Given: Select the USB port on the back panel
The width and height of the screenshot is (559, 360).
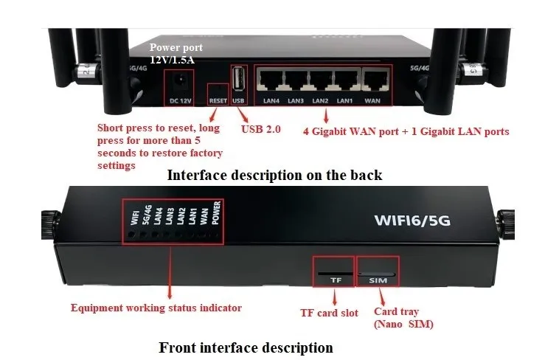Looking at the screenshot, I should pos(237,79).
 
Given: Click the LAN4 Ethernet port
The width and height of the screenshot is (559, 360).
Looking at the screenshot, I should pos(271,79).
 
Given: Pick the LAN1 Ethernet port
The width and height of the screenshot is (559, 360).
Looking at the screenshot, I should pos(344,79).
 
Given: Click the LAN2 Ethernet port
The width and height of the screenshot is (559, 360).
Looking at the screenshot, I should pos(320,79).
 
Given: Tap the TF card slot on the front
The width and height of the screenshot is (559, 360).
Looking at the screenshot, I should pos(335,273).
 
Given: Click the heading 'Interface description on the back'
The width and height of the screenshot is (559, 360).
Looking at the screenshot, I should pos(274,175).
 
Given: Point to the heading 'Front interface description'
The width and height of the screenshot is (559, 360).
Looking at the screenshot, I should pos(246,347).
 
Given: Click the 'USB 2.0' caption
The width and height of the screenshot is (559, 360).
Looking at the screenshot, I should pos(261,130).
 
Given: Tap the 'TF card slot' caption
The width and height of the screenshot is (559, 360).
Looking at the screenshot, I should pos(329,313).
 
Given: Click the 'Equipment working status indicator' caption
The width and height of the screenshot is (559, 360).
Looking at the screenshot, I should pos(156,308).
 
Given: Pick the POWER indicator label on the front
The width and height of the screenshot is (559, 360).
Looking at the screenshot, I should pos(216,213).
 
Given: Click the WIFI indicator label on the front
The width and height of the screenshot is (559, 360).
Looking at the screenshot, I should pos(134,218).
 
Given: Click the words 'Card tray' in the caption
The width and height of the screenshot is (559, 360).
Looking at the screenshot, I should pos(395,312).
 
